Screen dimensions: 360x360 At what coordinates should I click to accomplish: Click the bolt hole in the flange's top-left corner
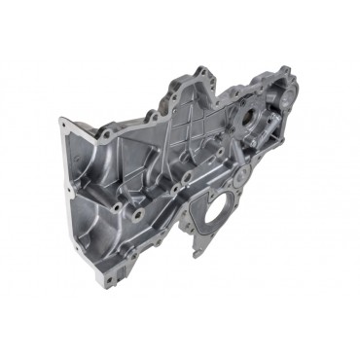click(64, 124)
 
